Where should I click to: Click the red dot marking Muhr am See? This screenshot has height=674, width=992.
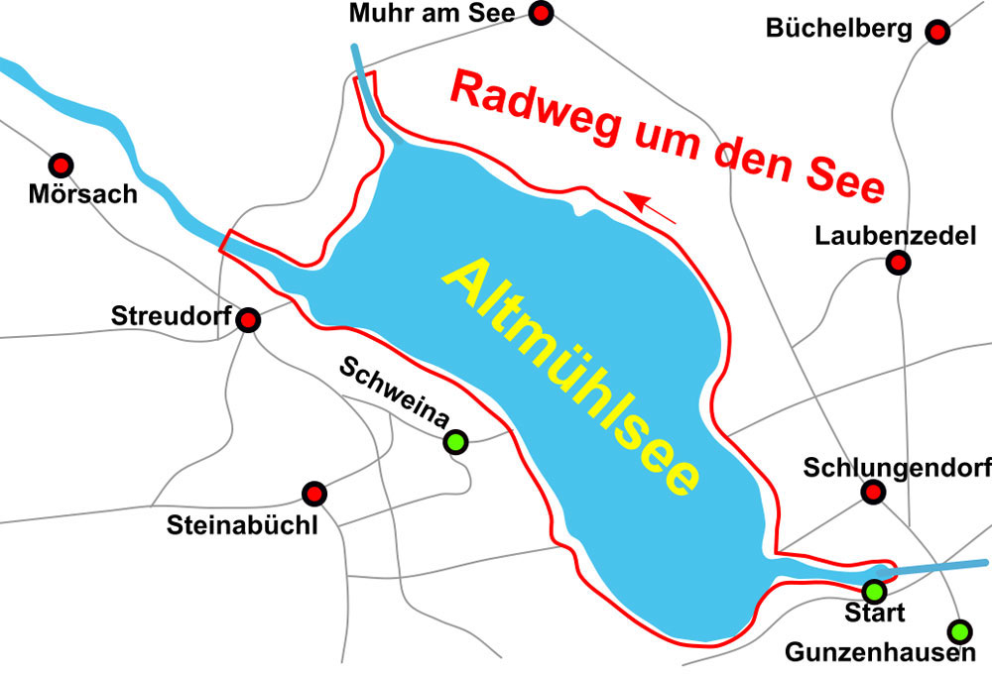(541, 13)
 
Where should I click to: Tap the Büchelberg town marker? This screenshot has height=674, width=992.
(937, 32)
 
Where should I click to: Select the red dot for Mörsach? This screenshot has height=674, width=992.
(62, 165)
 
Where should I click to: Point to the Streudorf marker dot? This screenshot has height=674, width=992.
(248, 320)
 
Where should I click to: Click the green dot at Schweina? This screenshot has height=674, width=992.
(455, 442)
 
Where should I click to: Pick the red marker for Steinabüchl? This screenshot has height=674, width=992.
(313, 493)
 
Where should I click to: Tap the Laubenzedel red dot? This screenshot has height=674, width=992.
(898, 263)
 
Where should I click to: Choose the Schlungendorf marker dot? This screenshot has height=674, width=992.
(873, 492)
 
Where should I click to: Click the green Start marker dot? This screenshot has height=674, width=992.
(874, 591)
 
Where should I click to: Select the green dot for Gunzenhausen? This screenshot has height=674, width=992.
(959, 630)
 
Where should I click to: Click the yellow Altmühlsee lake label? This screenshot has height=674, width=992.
(571, 378)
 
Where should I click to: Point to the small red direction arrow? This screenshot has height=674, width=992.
(653, 208)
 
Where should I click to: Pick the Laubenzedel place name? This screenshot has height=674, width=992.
(896, 236)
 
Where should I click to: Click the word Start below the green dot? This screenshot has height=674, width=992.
(874, 614)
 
